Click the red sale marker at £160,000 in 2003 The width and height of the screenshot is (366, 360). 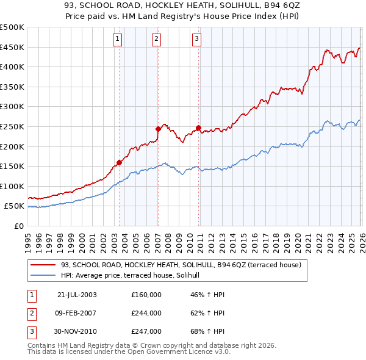point(120,162)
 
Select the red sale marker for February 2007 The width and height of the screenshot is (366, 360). point(158,129)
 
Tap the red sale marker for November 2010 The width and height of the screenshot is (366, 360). point(199,128)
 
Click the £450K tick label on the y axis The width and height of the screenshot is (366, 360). point(12,47)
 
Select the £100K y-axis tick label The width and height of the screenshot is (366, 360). point(12,186)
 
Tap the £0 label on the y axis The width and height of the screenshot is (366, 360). point(18,226)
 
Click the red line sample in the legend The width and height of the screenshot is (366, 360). point(44,265)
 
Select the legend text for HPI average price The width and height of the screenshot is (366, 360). point(134,276)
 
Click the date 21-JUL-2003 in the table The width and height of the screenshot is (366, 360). point(77,295)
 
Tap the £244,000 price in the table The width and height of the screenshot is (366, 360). point(146,313)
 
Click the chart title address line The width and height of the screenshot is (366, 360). point(182,5)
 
